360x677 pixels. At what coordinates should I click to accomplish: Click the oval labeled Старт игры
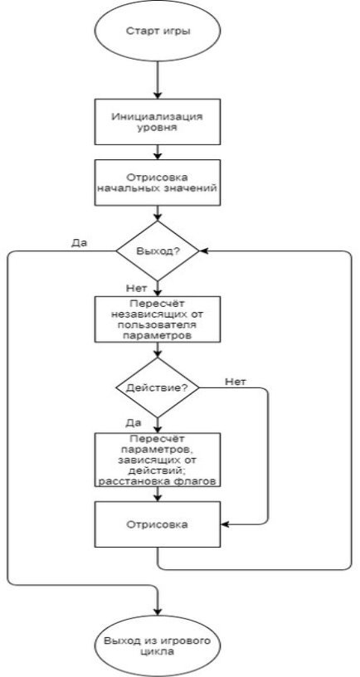coord(158,31)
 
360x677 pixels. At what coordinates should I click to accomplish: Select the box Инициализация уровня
coord(158,122)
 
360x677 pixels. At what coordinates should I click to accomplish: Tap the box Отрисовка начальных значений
coord(158,183)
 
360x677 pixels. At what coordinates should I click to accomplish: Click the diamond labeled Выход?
coord(158,251)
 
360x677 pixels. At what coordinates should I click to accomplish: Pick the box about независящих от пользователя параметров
coord(158,319)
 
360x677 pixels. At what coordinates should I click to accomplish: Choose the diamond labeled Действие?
coord(158,387)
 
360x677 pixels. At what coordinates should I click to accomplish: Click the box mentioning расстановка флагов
coord(158,460)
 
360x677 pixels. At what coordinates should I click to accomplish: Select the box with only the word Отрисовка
coord(158,524)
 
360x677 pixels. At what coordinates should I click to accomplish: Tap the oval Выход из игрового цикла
coord(158,646)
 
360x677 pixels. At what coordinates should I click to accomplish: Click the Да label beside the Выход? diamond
coord(79,242)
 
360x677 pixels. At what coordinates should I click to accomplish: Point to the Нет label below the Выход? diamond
coord(136,288)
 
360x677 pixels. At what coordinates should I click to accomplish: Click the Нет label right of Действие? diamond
coord(236,382)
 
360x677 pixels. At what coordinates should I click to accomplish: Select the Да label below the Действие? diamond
coord(134,422)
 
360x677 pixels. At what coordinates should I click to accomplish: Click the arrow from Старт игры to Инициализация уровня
coord(158,80)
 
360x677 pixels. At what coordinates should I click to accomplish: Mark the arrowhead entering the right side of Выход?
coord(204,251)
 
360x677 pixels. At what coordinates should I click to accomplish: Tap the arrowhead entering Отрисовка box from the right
coord(226,524)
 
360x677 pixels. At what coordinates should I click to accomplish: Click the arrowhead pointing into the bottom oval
coord(158,611)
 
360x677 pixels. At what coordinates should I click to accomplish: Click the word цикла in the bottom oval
coord(158,651)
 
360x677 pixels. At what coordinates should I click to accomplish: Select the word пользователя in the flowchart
coord(158,324)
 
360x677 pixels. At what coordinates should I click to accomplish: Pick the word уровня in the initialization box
coord(158,128)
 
